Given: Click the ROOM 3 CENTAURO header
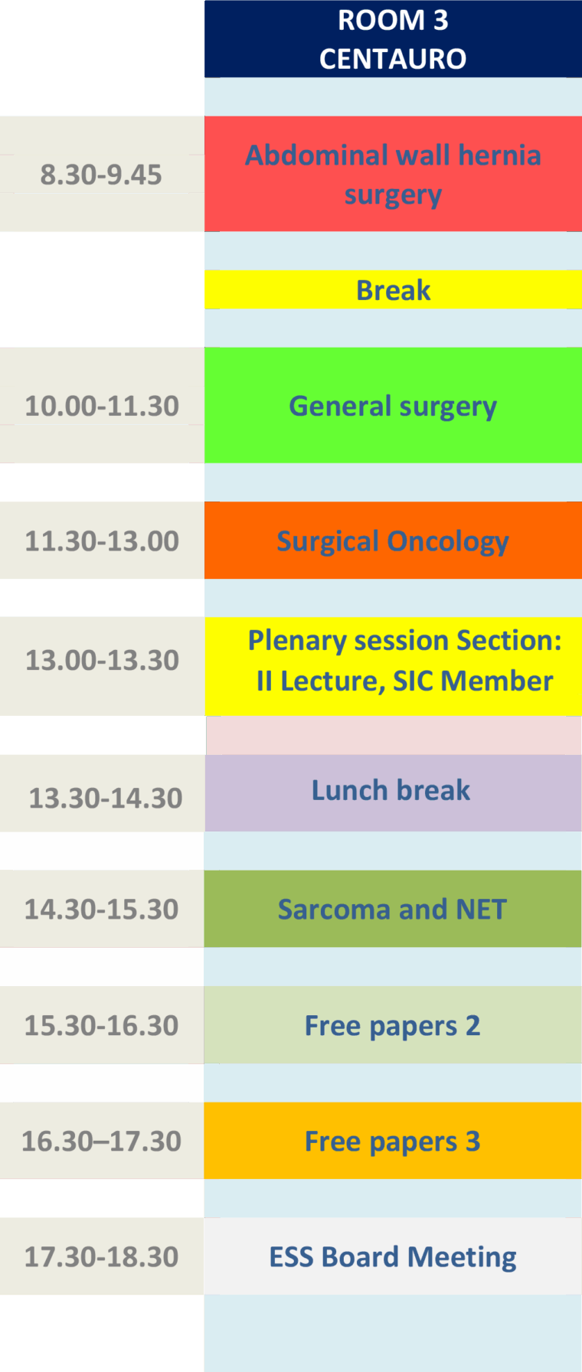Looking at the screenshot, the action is pos(393,39).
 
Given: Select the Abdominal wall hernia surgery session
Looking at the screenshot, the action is pos(393,174).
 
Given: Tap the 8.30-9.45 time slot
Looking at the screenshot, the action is pos(102,174).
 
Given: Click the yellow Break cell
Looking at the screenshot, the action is pos(393,290).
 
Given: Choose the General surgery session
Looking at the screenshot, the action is pos(393,405).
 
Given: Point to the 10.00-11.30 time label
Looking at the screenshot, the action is pos(102,405).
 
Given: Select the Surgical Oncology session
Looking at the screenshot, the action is pos(393,541).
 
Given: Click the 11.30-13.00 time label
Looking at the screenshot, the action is pos(102,541).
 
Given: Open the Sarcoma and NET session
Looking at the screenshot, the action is pos(393,909).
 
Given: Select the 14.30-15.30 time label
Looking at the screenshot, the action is pos(102,909).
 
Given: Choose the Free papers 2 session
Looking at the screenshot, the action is pos(393,1025).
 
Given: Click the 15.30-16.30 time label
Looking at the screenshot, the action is pos(102,1025).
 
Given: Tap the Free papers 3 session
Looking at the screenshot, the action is pos(393,1141).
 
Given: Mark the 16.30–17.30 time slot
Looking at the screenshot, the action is pos(102,1141).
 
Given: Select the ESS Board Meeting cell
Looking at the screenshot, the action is pos(393,1256).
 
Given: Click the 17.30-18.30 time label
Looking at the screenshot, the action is pos(102,1256).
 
